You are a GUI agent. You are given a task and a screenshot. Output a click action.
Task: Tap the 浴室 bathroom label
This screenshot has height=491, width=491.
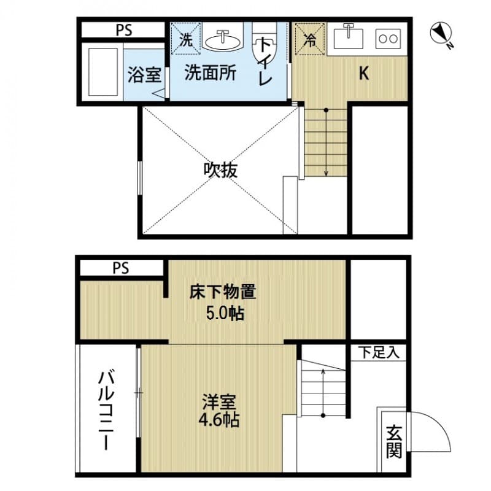(x=144, y=75)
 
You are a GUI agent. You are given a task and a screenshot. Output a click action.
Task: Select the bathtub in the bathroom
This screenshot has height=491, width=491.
(x=102, y=71)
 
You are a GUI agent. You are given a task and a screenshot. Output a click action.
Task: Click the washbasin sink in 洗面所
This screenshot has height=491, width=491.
(x=222, y=40)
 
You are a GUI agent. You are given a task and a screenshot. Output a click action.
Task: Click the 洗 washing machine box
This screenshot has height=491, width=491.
(x=185, y=39)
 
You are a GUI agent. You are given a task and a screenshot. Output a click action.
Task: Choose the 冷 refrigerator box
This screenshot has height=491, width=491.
(x=310, y=39)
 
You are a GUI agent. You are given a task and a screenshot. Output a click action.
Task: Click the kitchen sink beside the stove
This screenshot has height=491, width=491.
(x=349, y=39)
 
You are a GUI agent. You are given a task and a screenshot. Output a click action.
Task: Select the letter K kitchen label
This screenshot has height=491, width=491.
(x=363, y=74)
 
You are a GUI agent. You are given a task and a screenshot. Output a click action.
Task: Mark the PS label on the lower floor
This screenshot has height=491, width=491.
(x=121, y=268)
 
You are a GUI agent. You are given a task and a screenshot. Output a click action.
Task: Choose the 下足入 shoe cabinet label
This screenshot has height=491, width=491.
(x=378, y=352)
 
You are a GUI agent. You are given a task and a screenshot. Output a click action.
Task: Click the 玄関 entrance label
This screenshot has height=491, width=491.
(x=393, y=442)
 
